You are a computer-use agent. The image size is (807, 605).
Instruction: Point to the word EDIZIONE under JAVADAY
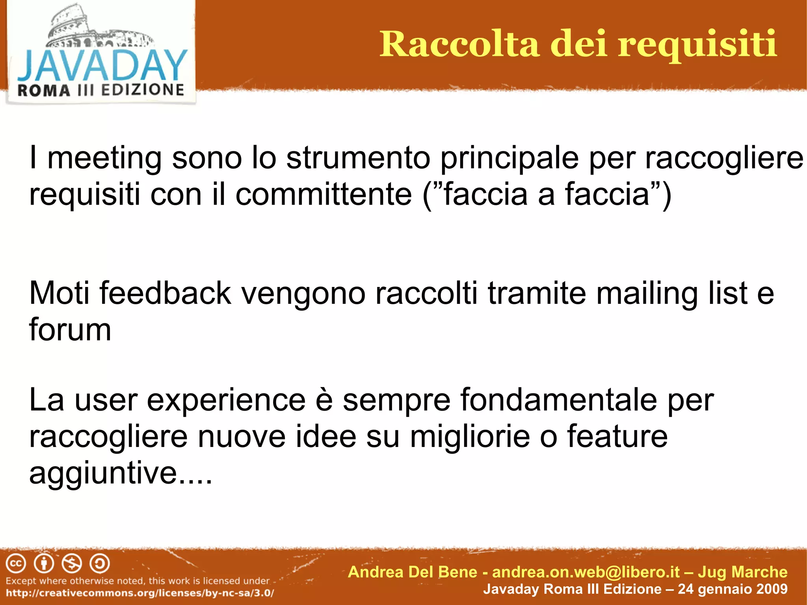(x=143, y=90)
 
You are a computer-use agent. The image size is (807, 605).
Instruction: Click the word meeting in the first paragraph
(x=104, y=158)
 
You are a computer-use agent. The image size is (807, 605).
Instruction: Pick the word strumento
(x=358, y=158)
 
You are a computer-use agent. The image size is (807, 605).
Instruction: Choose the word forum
(x=70, y=330)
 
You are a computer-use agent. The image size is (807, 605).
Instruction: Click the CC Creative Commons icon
(x=16, y=564)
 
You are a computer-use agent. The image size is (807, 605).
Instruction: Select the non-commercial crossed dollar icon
(x=72, y=564)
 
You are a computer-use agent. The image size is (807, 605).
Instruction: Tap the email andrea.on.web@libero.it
(x=586, y=572)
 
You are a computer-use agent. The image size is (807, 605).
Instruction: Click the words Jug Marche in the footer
(x=742, y=572)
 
